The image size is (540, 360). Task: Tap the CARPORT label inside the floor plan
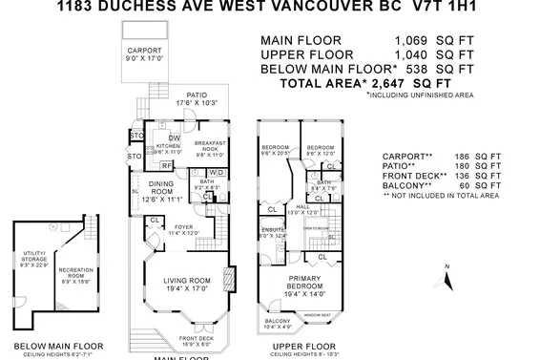point(145,51)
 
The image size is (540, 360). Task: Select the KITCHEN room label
point(161,145)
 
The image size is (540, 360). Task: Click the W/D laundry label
point(215,173)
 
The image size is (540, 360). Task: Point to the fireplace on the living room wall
point(226,281)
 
